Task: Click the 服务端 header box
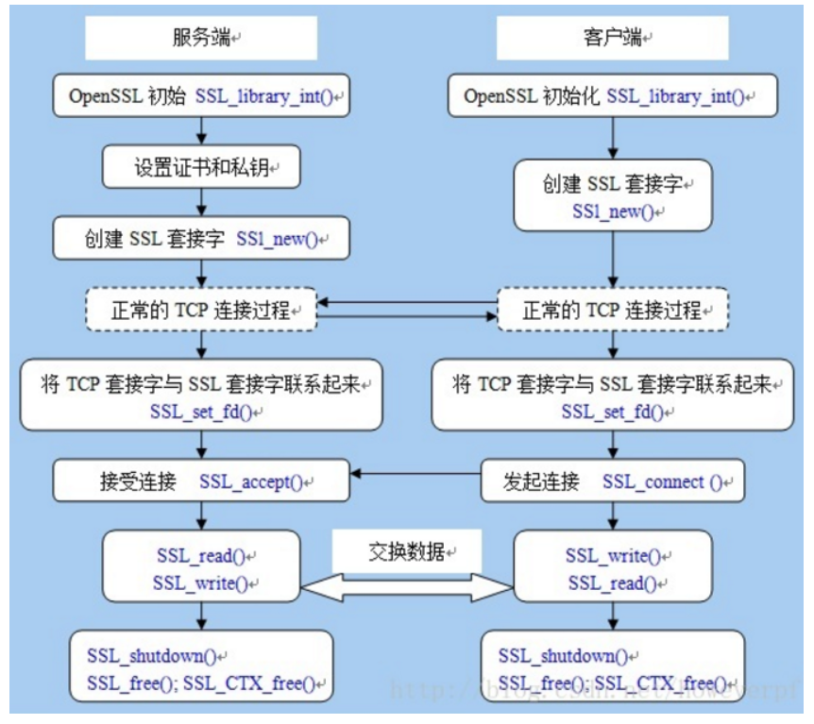[x=200, y=39]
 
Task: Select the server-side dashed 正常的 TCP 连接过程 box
[x=200, y=310]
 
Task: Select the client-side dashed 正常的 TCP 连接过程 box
[x=613, y=310]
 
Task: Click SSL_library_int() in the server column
[x=268, y=96]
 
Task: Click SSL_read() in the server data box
[x=201, y=556]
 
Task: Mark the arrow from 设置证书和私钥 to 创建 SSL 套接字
[x=200, y=202]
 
